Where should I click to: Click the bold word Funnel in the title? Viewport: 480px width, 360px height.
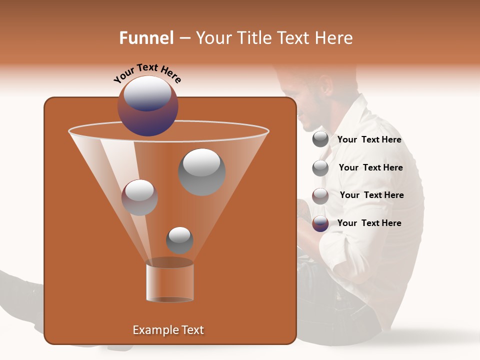(146, 38)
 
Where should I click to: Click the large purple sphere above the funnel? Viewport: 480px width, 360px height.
(147, 106)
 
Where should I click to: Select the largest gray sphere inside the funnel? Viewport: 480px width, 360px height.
(201, 171)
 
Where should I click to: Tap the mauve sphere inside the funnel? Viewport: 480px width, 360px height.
(139, 197)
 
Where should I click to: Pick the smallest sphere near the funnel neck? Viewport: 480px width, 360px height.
(179, 240)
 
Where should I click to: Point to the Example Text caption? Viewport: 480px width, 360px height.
(168, 330)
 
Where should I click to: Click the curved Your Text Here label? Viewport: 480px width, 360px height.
(147, 73)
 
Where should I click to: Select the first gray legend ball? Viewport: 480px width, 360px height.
(320, 139)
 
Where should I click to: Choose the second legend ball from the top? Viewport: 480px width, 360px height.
(320, 168)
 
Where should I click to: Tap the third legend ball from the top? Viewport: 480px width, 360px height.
(320, 196)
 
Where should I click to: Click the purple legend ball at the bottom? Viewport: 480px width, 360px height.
(320, 223)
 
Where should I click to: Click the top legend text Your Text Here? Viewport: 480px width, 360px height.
(369, 139)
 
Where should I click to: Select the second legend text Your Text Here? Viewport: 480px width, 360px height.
(370, 167)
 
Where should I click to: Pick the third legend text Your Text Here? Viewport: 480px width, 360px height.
(371, 195)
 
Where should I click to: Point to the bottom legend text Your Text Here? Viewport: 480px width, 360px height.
(369, 223)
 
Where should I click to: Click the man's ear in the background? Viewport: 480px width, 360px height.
(326, 85)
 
